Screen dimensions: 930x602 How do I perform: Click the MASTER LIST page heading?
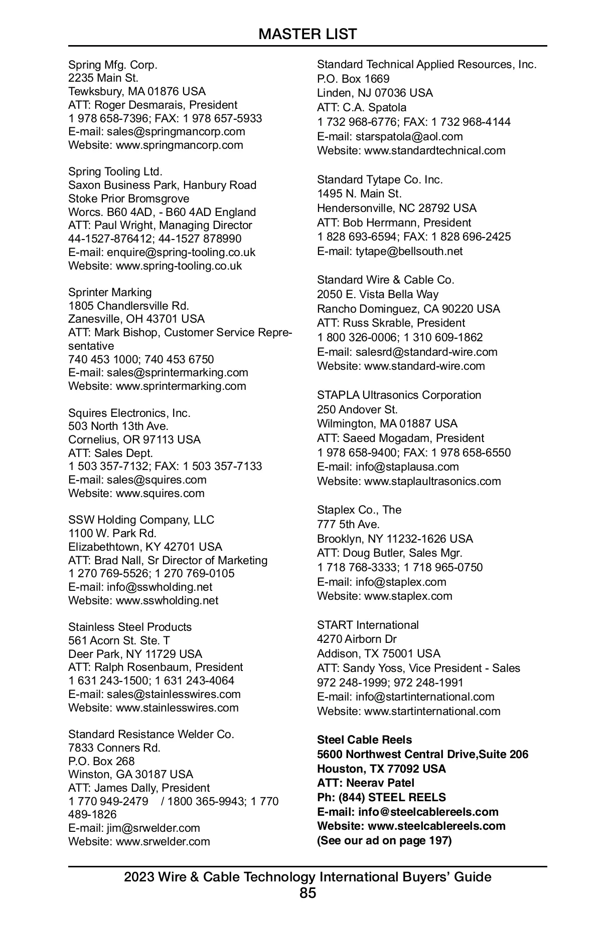coord(308,34)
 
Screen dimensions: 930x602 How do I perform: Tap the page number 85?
coord(308,893)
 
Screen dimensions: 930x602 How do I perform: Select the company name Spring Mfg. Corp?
coord(113,65)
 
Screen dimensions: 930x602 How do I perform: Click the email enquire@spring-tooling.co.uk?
coord(181,253)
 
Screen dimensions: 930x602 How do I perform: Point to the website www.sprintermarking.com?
coord(181,386)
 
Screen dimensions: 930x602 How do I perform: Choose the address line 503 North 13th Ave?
coord(118,426)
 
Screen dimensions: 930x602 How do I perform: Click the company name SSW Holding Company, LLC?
coord(141,520)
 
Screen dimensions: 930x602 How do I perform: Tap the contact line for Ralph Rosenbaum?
coord(156,667)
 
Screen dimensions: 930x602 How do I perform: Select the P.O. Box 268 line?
coord(101,761)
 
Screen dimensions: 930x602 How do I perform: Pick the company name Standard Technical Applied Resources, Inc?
coord(426,65)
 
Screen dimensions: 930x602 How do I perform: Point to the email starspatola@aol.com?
coord(409,137)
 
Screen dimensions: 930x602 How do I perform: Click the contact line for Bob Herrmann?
coord(394,223)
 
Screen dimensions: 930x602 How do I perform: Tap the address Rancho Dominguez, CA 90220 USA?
coord(408,309)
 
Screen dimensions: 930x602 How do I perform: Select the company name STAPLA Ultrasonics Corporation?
coord(399,395)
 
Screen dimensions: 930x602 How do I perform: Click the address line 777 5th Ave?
coord(348,525)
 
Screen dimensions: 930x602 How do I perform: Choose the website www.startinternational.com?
coord(432,712)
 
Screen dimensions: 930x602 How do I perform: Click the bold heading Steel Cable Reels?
coord(364,740)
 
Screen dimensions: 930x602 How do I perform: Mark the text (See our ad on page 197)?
coord(384,841)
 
